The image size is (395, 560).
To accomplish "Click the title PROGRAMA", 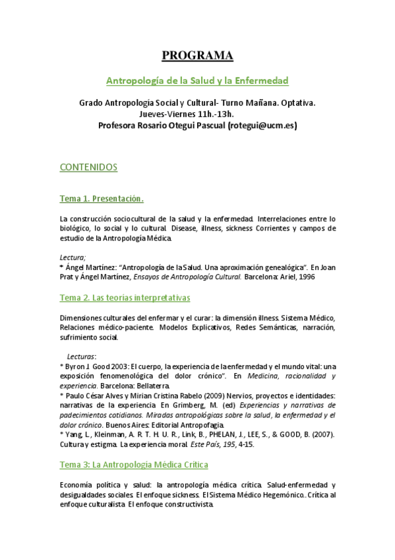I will coord(197,55).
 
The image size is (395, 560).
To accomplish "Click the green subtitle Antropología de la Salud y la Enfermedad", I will coord(197,81).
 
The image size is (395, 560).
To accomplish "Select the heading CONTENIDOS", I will coord(88,167).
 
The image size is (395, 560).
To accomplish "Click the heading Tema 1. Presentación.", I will coord(102,198).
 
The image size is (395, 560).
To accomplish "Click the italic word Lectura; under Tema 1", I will coord(73,257).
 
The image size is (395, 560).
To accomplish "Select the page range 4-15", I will coord(243,444).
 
